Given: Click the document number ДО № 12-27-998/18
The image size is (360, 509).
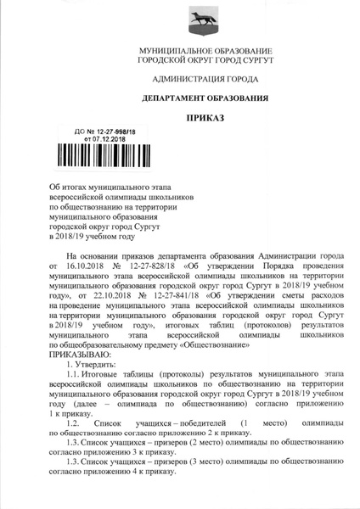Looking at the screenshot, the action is point(100,132).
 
